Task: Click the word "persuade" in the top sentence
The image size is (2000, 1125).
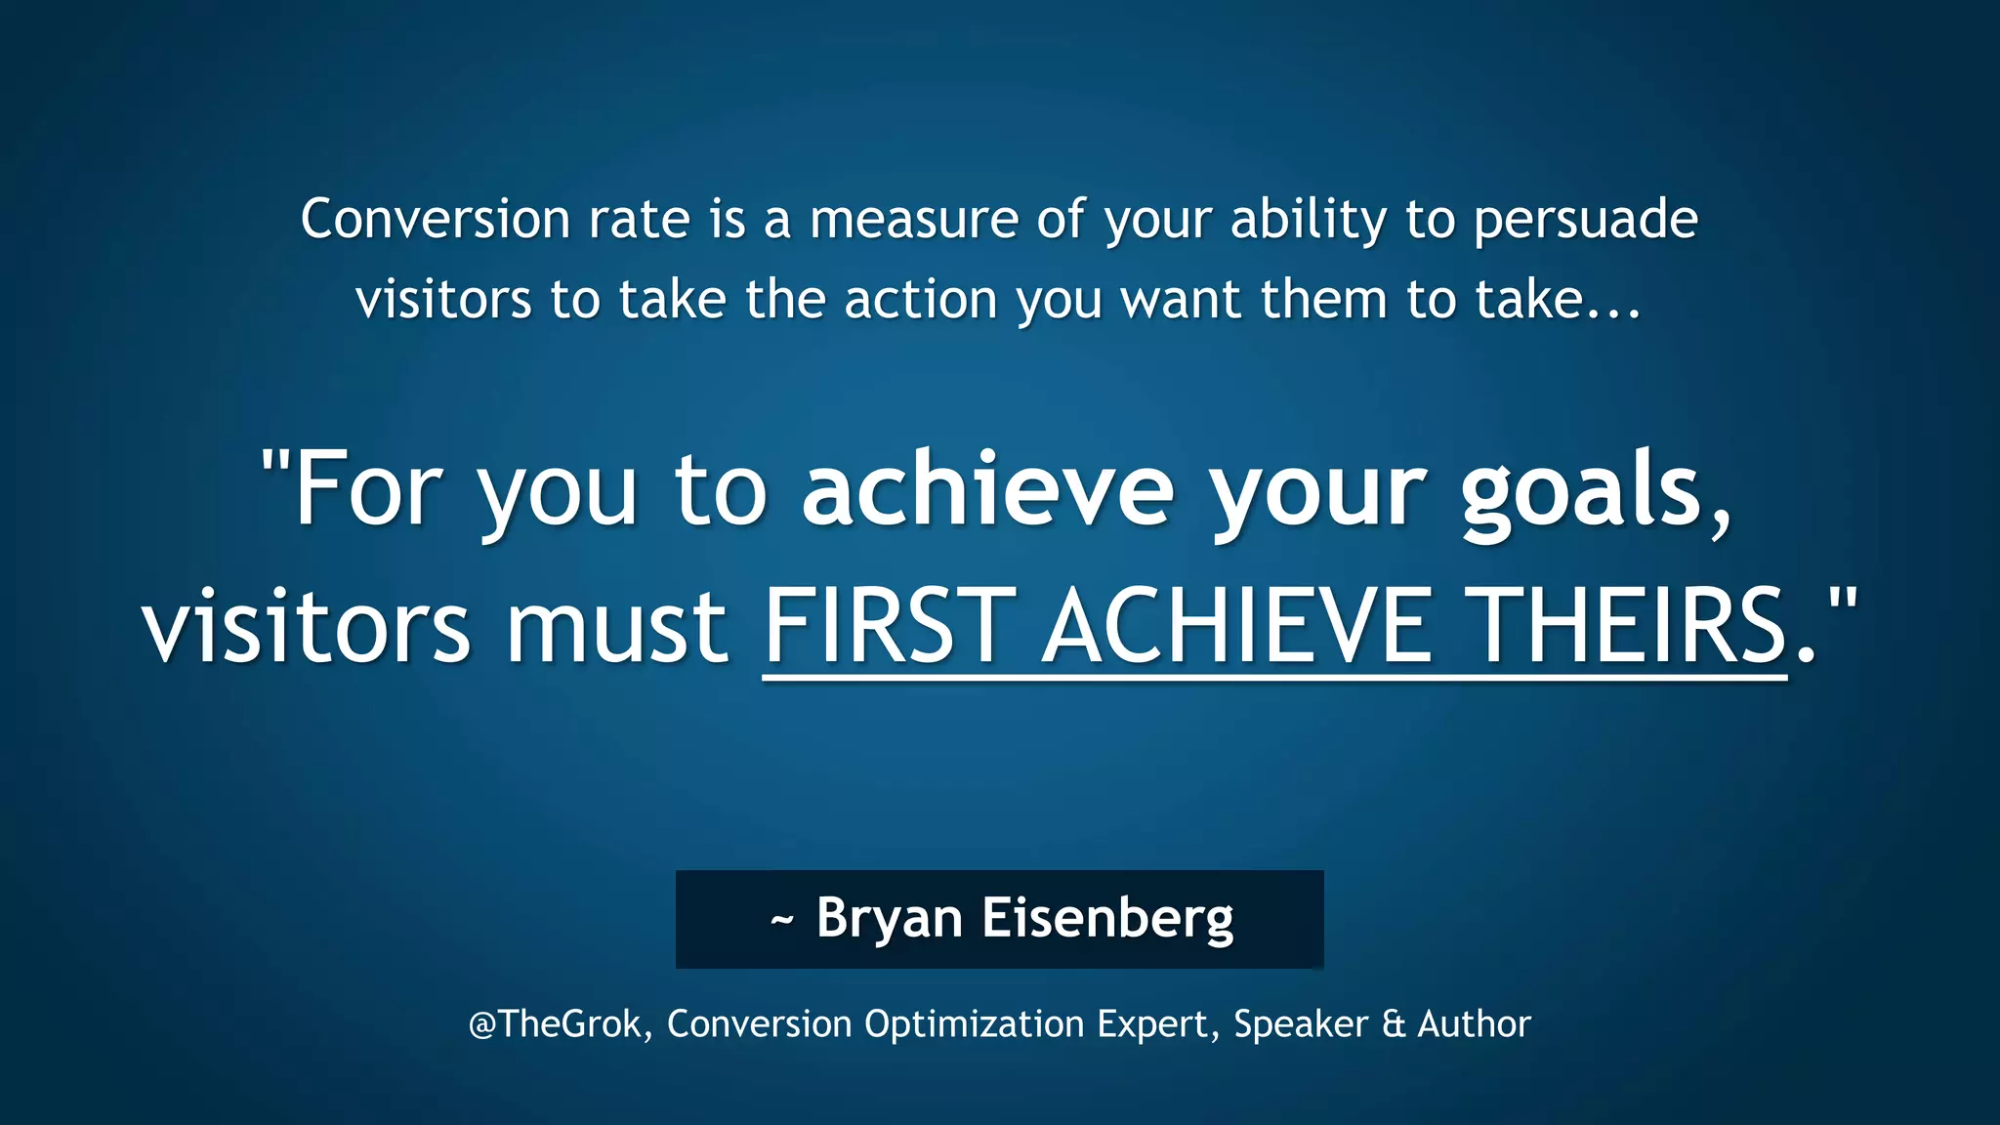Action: pos(1585,221)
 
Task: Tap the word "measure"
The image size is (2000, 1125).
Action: pos(913,219)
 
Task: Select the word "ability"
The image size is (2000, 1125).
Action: pos(1308,221)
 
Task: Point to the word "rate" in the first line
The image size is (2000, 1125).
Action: pos(639,219)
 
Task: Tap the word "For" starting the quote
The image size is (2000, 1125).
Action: pos(368,488)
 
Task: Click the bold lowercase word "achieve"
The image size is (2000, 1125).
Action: pos(987,488)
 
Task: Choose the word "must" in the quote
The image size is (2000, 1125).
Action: pos(616,626)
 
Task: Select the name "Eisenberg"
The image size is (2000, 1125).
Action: pos(1107,919)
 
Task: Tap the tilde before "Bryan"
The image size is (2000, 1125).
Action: pos(781,920)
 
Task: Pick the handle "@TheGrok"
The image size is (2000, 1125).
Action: pos(555,1023)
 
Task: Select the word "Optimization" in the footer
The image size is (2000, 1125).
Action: pos(974,1024)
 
